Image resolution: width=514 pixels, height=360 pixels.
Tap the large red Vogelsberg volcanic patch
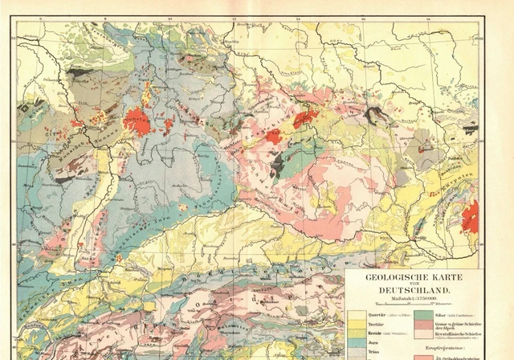[x=137, y=122]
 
